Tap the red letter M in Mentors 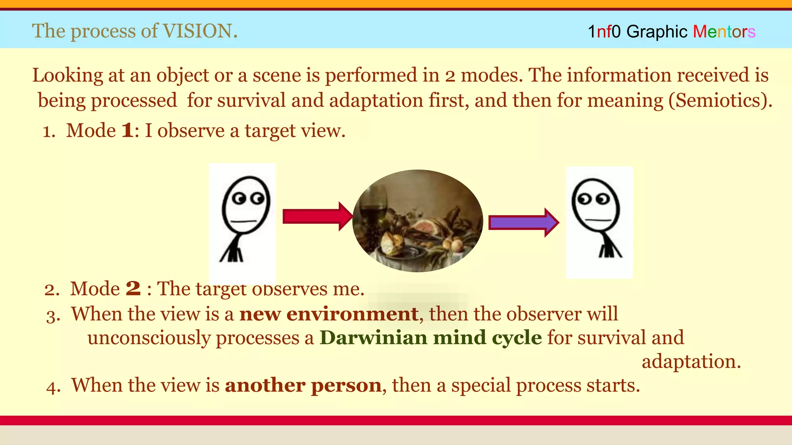(700, 32)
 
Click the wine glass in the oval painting (374, 205)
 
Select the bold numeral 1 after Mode (128, 130)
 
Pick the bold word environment (352, 314)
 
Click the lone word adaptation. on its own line (691, 362)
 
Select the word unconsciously (148, 338)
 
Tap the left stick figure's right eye (257, 199)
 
